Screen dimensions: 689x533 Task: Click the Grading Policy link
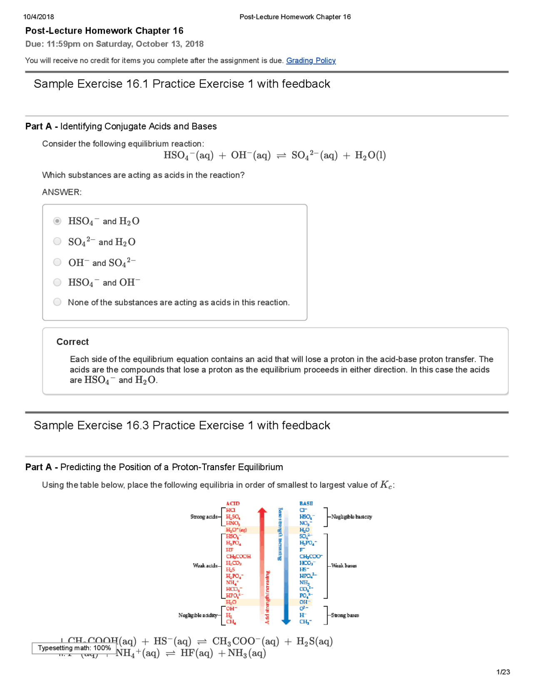311,60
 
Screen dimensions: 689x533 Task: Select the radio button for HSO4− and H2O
57,221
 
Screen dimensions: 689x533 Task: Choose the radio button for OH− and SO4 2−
57,262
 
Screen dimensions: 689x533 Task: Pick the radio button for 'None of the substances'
57,302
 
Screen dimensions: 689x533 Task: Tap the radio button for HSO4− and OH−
57,283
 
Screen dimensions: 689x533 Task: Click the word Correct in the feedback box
72,342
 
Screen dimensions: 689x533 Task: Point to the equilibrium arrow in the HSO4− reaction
281,156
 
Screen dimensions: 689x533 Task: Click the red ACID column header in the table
233,503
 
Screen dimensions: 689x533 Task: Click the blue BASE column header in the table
306,503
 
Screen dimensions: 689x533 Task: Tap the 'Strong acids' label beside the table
204,517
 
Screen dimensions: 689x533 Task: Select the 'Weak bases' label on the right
344,566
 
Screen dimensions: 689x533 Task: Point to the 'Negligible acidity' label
198,615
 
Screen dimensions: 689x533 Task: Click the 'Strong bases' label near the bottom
345,615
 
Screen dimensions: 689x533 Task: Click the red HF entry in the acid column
229,550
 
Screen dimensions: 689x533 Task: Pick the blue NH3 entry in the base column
304,582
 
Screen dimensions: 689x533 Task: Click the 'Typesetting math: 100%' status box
74,648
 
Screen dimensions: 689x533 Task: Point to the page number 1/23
503,672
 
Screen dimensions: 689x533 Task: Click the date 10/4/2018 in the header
39,17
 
